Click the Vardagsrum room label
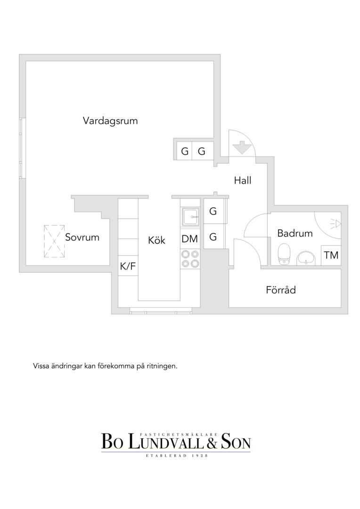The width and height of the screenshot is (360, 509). click(110, 121)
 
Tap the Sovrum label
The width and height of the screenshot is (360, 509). click(82, 237)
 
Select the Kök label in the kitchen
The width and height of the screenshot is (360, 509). click(156, 240)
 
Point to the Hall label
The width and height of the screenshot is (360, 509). click(243, 180)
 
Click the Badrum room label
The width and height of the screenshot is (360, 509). click(295, 233)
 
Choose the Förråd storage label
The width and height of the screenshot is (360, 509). click(281, 289)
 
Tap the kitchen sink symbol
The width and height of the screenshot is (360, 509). click(190, 216)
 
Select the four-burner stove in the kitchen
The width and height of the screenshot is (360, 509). click(190, 258)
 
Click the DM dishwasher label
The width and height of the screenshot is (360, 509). click(190, 239)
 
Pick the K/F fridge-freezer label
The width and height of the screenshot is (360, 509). click(128, 266)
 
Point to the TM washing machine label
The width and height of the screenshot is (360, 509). click(331, 255)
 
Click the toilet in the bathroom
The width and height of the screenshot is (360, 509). click(284, 254)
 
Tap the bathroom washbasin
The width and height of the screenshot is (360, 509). click(306, 258)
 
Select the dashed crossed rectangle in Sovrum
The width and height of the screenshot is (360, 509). click(54, 241)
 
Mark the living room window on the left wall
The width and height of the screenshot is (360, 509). click(22, 148)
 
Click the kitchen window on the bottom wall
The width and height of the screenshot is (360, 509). click(161, 312)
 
